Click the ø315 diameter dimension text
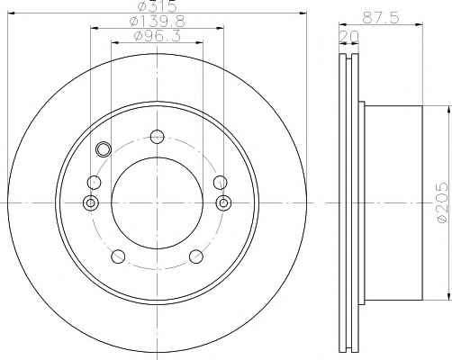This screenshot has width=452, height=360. click(157, 6)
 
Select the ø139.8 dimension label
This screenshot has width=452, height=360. click(157, 21)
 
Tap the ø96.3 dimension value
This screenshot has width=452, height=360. click(158, 36)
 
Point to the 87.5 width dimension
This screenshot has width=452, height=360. click(381, 18)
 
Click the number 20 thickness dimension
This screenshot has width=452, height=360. click(348, 37)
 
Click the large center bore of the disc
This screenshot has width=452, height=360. click(158, 203)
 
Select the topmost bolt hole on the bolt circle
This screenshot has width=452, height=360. click(158, 137)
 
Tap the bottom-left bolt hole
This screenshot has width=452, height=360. click(118, 256)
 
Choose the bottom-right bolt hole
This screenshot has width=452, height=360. click(196, 256)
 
